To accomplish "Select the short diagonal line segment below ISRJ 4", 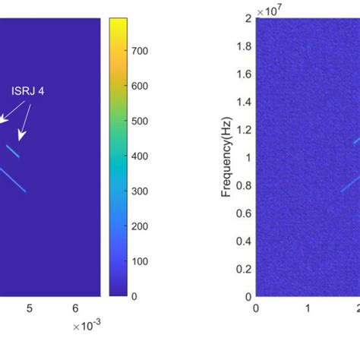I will click(12, 150).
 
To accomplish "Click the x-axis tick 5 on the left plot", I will click(30, 308).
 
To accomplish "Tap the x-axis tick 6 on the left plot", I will click(74, 308).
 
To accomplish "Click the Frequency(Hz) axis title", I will click(226, 156).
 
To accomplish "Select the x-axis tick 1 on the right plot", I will click(307, 308).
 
